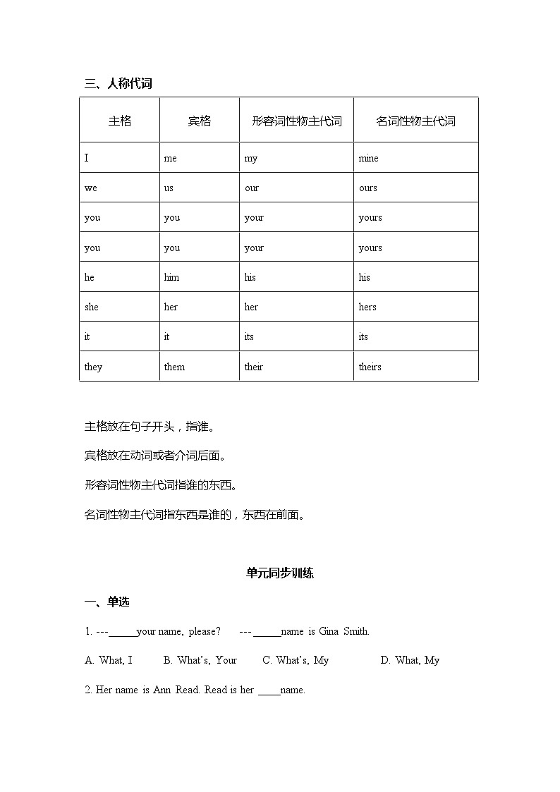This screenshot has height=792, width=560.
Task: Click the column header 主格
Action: pos(119,121)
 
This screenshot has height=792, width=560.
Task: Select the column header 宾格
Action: pos(199,121)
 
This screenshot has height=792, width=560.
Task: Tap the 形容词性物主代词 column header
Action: pos(296,121)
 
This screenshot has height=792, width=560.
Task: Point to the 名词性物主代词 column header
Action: pos(415,121)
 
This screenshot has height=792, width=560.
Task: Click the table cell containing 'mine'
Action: pos(368,158)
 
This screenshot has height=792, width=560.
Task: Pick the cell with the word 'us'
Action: pos(169,188)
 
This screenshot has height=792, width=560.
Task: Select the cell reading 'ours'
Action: pos(368,188)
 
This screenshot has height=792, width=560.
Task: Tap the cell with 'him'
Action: pos(171,277)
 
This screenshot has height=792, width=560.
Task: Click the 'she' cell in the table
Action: pos(92,307)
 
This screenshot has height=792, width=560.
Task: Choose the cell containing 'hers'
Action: pos(367,307)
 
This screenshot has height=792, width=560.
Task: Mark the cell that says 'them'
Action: pos(174,367)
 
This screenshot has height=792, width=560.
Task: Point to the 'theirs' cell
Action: pos(370,367)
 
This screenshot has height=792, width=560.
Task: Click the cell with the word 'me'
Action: pos(170,158)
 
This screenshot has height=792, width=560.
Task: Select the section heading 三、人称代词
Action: pos(118,83)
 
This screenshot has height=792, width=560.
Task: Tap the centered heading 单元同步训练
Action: pos(279,573)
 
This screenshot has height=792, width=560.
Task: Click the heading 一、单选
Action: pos(106,602)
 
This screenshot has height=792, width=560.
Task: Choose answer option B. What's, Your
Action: pos(200,660)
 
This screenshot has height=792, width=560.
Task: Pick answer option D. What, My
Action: pos(410,660)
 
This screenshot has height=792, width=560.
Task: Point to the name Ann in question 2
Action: pos(162,690)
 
